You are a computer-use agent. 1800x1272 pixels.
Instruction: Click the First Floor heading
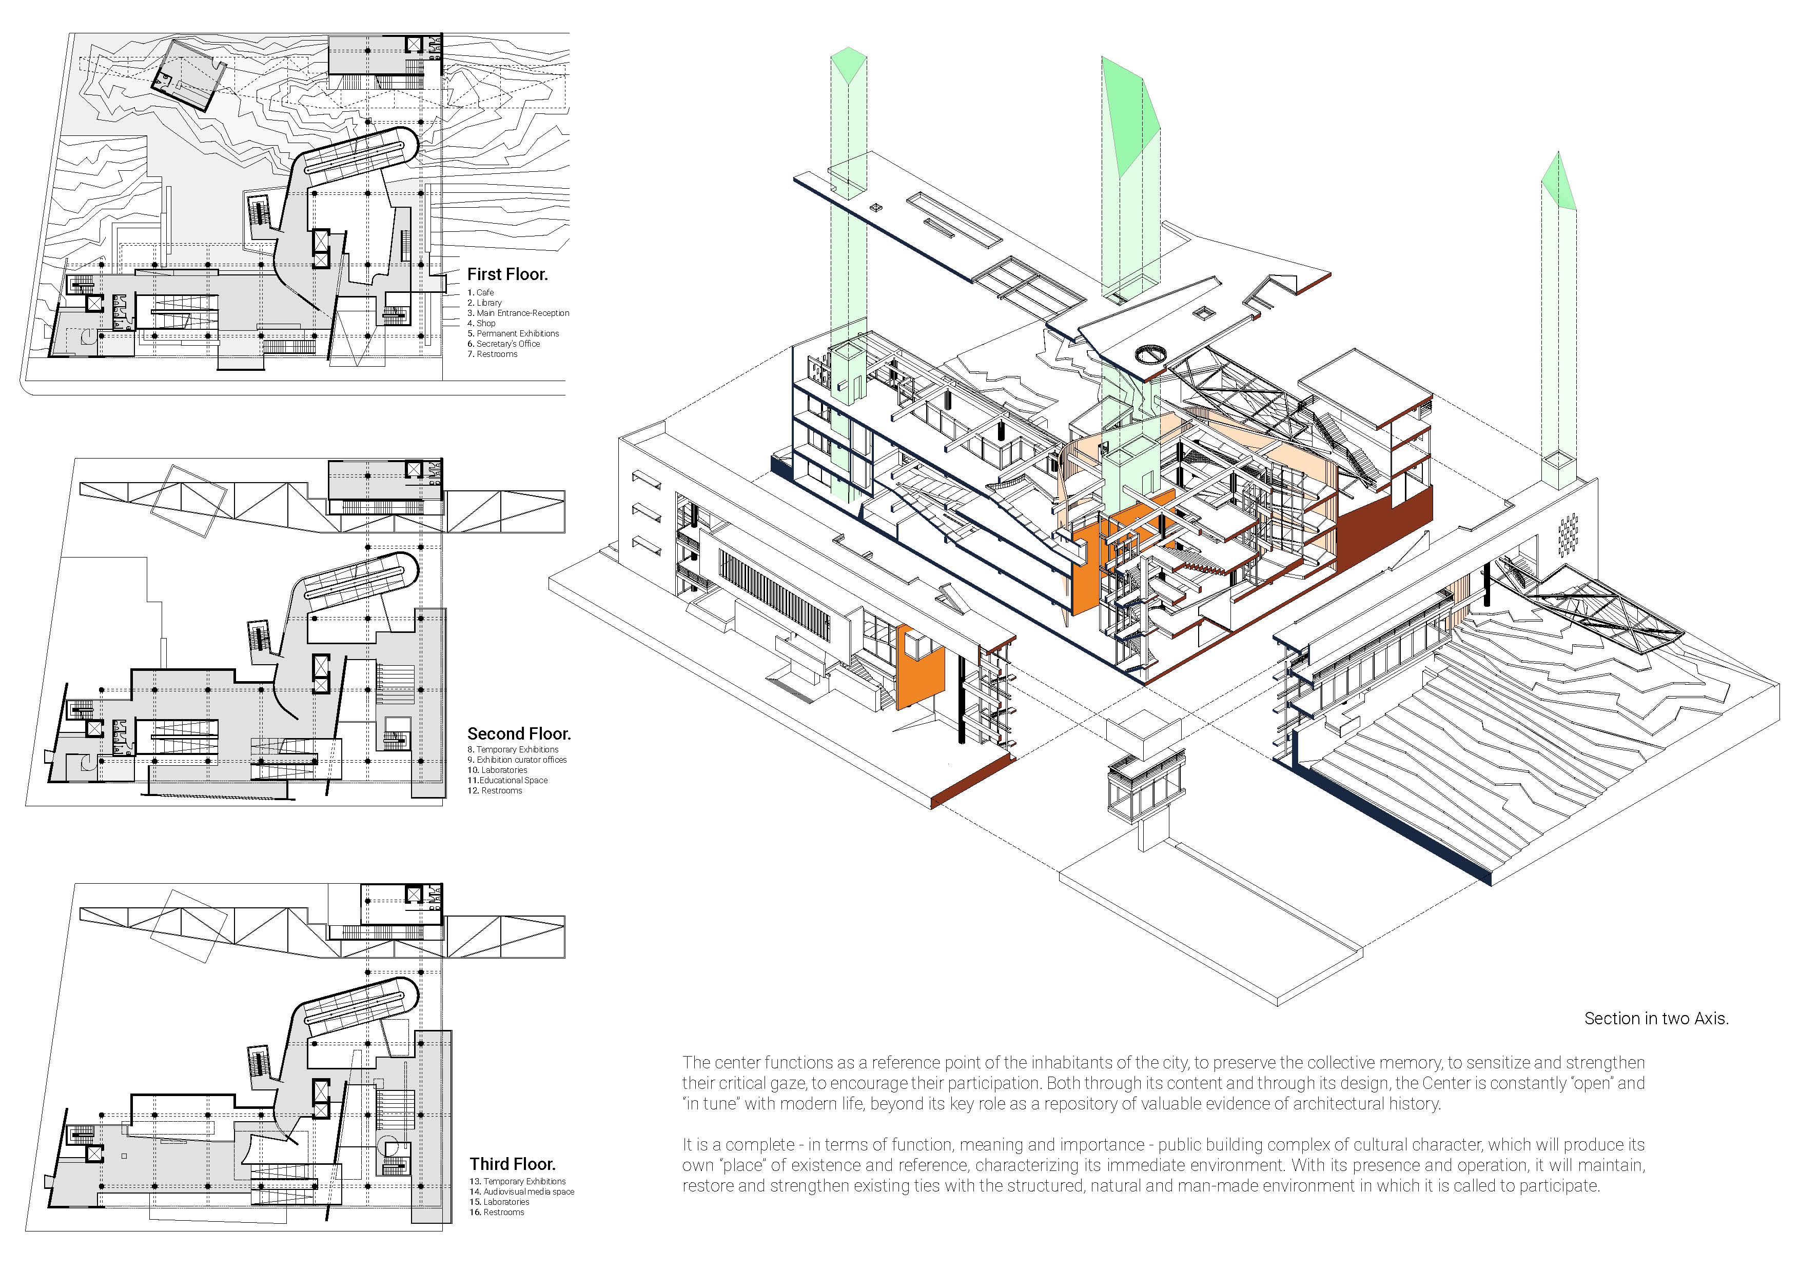coord(507,274)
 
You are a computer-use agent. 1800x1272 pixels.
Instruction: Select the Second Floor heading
coord(519,733)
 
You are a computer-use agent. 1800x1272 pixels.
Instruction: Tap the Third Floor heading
coord(513,1164)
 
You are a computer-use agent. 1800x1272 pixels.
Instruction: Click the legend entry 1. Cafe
coord(481,292)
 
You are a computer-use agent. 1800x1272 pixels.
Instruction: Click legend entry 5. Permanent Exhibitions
coord(514,333)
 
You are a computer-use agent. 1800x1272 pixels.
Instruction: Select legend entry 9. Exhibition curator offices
coord(517,760)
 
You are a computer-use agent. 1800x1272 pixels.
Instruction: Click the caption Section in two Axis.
coord(1656,1018)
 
